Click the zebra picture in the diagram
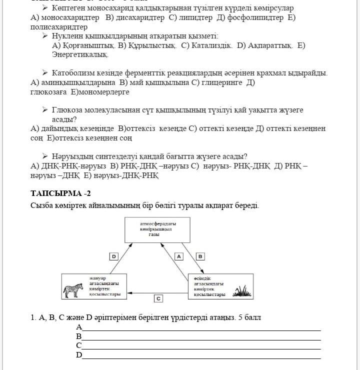tap(73, 290)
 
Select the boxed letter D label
tap(114, 256)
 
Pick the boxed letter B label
tap(200, 256)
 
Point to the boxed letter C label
tap(158, 298)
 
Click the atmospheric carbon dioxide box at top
tap(157, 229)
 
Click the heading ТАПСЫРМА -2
tap(60, 193)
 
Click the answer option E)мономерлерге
tap(100, 92)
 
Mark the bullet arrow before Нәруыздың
tap(45, 156)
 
